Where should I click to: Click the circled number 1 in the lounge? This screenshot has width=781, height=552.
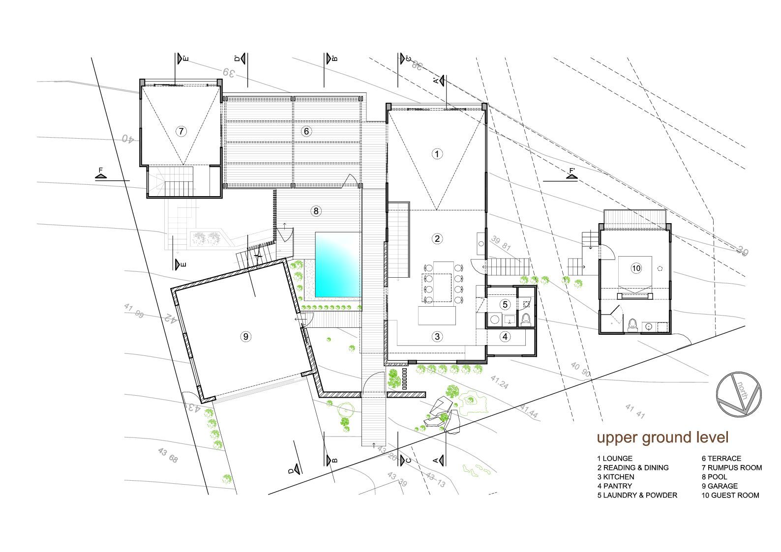pos(437,154)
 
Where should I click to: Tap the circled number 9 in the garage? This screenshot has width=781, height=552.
pos(245,337)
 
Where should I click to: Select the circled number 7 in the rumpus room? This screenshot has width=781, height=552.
pos(181,131)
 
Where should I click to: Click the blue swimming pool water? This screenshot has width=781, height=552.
pos(337,264)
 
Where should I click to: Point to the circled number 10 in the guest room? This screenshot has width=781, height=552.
pos(636,268)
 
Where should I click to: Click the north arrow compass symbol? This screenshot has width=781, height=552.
pos(738,394)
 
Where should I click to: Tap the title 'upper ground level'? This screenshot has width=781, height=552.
pos(662,437)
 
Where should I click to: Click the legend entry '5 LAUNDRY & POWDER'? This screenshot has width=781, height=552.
pos(637,495)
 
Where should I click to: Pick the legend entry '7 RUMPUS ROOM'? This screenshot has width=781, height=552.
pos(731,467)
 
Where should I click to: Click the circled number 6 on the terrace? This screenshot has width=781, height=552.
pos(306,131)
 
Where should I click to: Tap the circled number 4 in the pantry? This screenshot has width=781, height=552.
pos(505,337)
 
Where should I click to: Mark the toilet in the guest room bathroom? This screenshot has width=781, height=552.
pos(633,325)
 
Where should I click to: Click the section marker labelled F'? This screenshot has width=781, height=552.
pos(571,173)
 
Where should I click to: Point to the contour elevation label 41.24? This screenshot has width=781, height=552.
pos(499,382)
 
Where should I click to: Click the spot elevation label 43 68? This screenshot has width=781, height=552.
pos(168,456)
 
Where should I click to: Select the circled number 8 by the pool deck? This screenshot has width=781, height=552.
pos(316,211)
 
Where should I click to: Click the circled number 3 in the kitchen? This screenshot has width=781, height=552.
pos(437,337)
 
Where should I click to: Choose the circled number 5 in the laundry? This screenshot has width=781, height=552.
pos(505,304)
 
